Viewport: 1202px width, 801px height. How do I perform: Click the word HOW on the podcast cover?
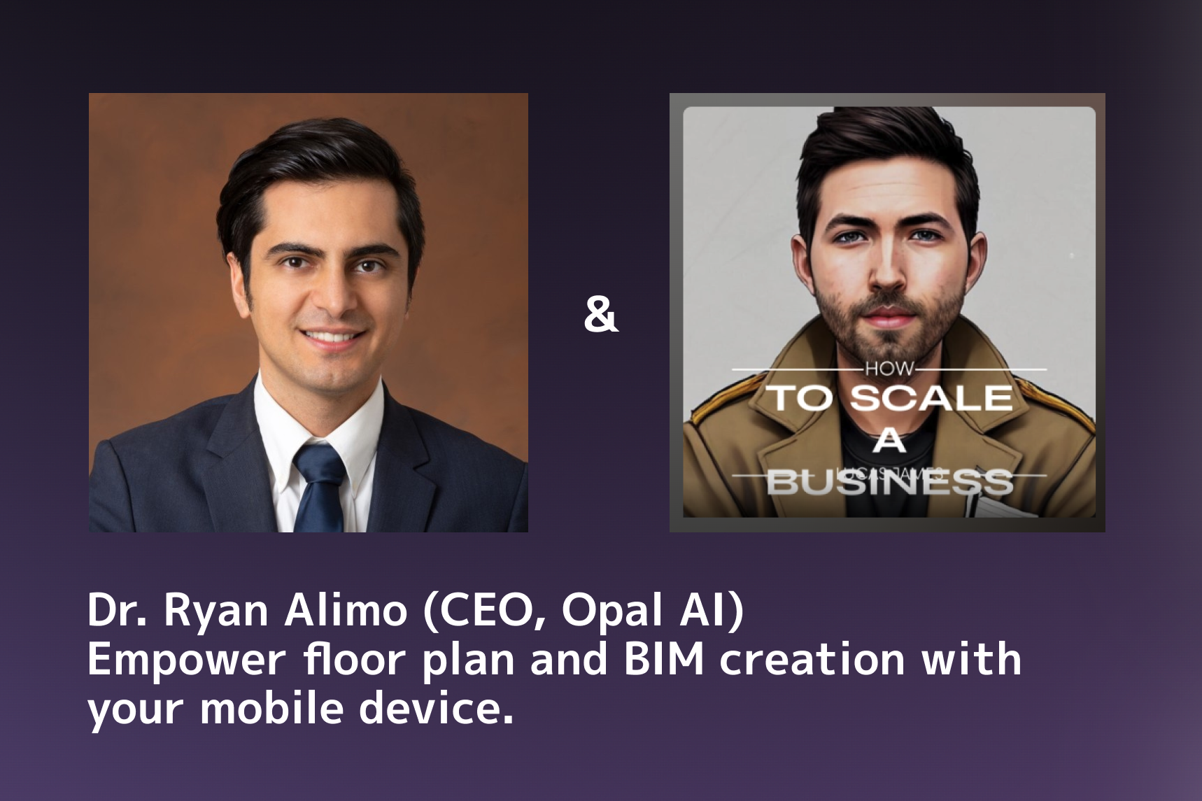point(889,368)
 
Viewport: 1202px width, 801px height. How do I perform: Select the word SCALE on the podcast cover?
point(931,398)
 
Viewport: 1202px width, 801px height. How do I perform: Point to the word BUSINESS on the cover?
point(889,482)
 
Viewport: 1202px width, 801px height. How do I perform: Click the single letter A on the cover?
point(889,440)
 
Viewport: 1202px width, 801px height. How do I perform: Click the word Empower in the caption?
point(186,660)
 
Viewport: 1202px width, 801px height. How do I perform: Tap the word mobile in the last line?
point(271,708)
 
